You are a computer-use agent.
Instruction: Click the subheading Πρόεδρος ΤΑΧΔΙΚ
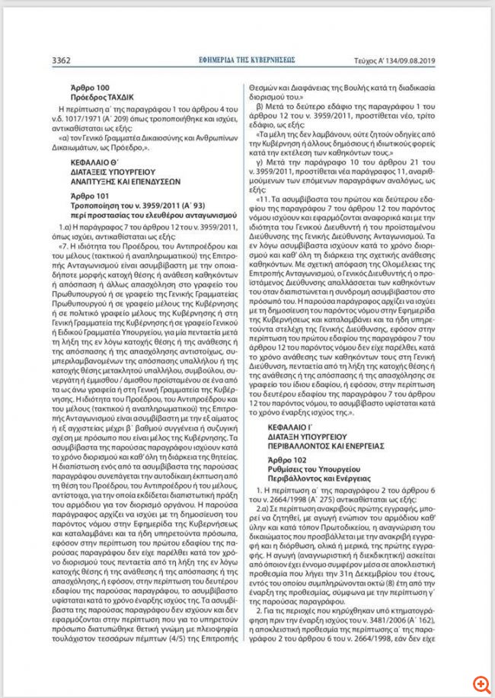point(101,98)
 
